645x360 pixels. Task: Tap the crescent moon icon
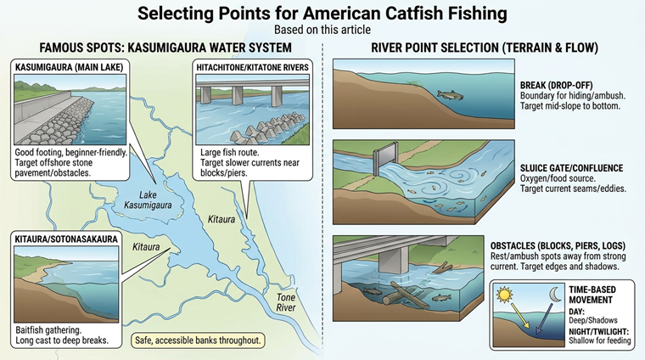click(556, 294)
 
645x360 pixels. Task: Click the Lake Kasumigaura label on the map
click(148, 200)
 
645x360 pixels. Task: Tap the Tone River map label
click(286, 302)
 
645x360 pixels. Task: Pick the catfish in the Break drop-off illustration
click(450, 95)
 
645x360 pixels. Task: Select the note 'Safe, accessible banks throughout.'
click(198, 340)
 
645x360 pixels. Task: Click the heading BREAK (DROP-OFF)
click(556, 85)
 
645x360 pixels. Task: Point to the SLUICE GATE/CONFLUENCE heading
click(571, 168)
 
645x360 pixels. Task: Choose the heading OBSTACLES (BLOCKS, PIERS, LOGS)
click(558, 245)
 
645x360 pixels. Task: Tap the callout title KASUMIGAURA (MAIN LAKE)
click(69, 67)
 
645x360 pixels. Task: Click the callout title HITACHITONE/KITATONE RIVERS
click(253, 67)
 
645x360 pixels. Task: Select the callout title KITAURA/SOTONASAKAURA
click(66, 239)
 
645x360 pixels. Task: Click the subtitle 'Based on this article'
click(322, 30)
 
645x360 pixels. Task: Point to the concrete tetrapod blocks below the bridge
click(267, 129)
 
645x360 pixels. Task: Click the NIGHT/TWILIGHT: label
click(599, 331)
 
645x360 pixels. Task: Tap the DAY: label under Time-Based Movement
click(577, 312)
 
